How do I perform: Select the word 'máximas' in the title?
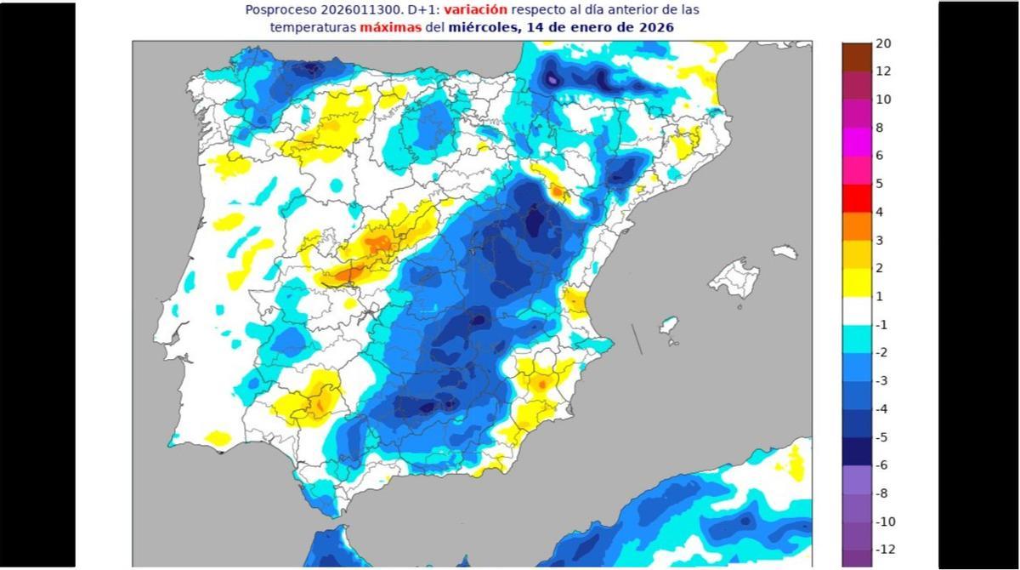coord(390,27)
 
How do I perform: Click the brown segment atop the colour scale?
coord(855,56)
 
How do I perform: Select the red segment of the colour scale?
coord(855,197)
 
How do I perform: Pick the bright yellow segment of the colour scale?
coord(855,282)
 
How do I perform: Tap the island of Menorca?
coord(784,252)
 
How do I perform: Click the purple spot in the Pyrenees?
coord(552,80)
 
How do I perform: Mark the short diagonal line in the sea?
coord(637,338)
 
